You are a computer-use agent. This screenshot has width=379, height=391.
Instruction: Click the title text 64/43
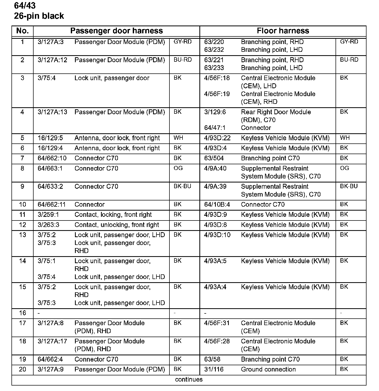[x=25, y=5]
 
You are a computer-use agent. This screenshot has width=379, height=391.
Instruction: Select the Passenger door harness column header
[x=116, y=31]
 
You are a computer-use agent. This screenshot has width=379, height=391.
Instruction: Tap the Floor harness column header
[x=283, y=31]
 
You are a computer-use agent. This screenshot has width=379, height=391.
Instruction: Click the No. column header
[x=22, y=31]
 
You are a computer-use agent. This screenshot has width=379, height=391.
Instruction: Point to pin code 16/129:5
[x=50, y=138]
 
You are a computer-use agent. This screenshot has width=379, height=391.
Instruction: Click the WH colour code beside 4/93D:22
[x=345, y=138]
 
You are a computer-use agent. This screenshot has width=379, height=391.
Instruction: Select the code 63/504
[x=214, y=158]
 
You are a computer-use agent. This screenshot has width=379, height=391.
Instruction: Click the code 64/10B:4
[x=217, y=205]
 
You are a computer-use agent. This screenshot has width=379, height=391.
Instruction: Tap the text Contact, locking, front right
[x=113, y=215]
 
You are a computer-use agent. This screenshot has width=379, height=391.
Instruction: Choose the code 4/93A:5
[x=215, y=261]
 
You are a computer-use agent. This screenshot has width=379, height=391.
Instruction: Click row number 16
[x=23, y=313]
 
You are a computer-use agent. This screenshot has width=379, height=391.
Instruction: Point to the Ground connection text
[x=268, y=369]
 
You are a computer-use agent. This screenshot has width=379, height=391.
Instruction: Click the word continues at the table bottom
[x=189, y=380]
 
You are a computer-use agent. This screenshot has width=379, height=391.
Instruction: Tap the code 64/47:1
[x=215, y=128]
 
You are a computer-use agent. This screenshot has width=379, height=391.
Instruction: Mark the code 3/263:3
[x=48, y=225]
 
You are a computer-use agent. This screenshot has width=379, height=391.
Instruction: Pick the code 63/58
[x=212, y=360]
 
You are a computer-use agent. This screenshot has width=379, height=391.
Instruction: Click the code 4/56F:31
[x=217, y=323]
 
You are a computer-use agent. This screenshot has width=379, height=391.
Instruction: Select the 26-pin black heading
[x=39, y=16]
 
